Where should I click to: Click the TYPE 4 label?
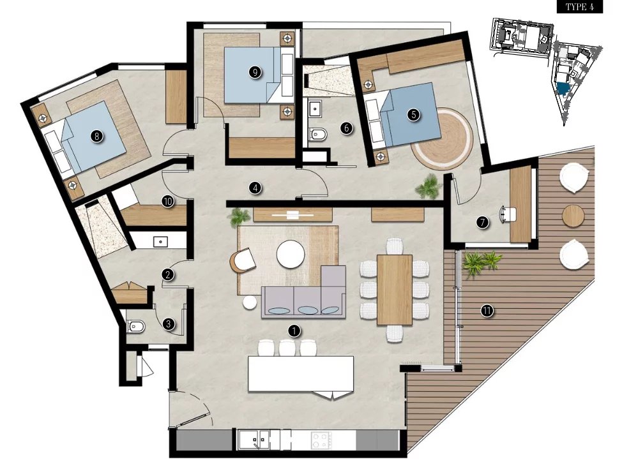580,7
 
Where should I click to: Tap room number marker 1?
294,331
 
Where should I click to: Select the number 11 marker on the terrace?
487,311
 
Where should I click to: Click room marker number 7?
483,223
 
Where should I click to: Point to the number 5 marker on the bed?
414,115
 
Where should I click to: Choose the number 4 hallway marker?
255,188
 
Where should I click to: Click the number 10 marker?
168,202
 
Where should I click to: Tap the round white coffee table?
291,254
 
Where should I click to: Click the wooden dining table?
394,290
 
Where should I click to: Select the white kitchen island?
301,374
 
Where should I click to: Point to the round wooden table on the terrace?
573,216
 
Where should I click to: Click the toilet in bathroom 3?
137,326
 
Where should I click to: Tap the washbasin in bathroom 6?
315,108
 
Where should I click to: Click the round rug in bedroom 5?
442,139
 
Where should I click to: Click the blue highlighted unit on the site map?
562,88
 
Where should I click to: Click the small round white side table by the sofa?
250,302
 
